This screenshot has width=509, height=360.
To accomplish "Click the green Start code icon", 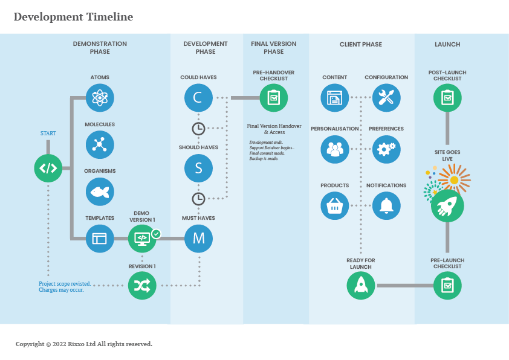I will (48, 168).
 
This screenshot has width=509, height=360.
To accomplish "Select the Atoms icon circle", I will (100, 97).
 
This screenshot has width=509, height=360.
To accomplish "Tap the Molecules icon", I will (100, 144).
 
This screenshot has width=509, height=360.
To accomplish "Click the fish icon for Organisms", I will (100, 191).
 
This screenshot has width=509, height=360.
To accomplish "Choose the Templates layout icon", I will (100, 239).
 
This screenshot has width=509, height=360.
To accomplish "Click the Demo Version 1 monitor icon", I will (142, 239).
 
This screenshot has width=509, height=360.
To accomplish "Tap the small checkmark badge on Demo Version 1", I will (156, 233).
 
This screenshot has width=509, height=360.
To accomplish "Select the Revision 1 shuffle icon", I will (142, 285).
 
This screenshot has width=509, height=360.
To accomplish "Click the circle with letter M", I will (198, 239).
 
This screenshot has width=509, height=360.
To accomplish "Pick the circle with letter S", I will (198, 168).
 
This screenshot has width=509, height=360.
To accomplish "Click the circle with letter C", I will (198, 97).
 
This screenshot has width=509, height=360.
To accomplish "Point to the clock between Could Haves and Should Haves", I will (198, 128).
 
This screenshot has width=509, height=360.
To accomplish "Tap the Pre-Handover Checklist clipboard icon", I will (273, 97).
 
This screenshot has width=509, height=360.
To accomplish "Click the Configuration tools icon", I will (386, 97).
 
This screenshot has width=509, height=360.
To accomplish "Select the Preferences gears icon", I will (386, 148).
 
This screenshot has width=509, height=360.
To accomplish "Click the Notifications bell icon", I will (386, 206).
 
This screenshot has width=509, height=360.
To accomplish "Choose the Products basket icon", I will (334, 206).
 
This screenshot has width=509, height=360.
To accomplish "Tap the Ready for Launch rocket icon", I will (360, 285).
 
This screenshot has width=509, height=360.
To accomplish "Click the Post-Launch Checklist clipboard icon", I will (447, 97).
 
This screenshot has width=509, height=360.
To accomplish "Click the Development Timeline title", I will (73, 17).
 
